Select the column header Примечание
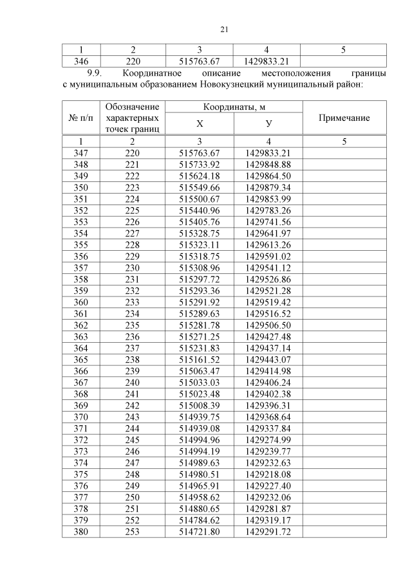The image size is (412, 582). [x=344, y=118]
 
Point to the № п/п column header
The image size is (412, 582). [x=80, y=118]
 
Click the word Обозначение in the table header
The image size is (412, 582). [x=133, y=107]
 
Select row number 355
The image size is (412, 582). [x=80, y=245]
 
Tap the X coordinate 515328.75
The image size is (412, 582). [x=200, y=233]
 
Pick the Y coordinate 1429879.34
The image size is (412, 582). [x=268, y=187]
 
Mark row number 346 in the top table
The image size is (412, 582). [x=80, y=62]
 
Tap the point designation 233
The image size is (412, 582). [x=133, y=303]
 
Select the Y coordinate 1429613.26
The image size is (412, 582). [x=268, y=245]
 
